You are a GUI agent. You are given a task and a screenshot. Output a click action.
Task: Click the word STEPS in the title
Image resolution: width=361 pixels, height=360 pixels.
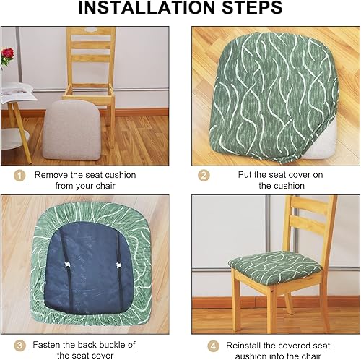coord(250,9)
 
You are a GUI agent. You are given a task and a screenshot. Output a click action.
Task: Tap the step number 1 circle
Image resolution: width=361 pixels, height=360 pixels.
coord(19,175)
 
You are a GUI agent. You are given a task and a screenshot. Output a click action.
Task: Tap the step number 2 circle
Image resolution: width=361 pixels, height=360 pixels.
coord(204,175)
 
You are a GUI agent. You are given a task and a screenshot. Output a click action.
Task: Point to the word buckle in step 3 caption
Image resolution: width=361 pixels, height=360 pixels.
coord(105,345)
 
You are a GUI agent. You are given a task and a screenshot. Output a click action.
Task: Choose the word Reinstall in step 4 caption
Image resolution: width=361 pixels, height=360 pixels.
coord(245,345)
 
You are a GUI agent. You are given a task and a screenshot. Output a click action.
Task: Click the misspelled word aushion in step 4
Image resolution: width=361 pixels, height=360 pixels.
coord(243,356)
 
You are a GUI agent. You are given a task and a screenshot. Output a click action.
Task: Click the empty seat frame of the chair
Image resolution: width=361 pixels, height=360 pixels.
coord(87,93)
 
